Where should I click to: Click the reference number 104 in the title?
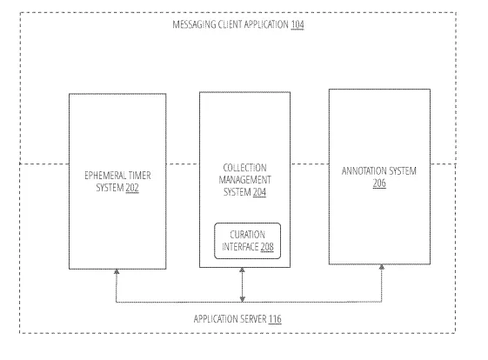coord(297,24)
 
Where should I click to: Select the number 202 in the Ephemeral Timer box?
coord(132,188)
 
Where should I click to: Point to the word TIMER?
coord(140,176)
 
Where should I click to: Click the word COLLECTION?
coord(245,168)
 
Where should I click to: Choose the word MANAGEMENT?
coord(245,180)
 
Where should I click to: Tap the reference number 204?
coord(259,192)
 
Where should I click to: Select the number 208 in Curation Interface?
coord(267,247)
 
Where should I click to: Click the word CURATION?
coord(247,235)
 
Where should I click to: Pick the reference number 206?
coord(379,183)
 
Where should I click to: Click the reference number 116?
coord(275,319)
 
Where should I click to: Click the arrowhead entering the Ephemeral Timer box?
coord(117,271)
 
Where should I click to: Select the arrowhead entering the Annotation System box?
coord(382,267)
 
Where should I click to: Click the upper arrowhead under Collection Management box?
coord(242,270)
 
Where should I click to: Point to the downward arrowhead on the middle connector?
coord(242,299)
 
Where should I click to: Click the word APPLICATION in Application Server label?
coord(214,319)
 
